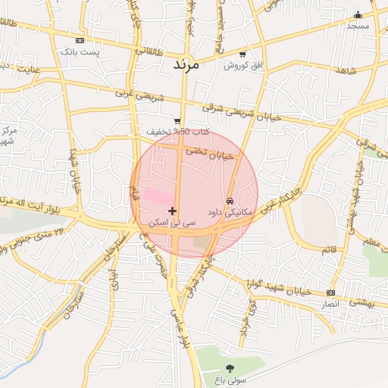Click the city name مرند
click(186, 65)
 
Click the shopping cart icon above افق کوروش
click(242, 55)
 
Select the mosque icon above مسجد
click(358, 14)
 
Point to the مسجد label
click(357, 26)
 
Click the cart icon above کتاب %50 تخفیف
click(177, 120)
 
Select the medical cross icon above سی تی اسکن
click(173, 211)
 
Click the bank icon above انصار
click(330, 293)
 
